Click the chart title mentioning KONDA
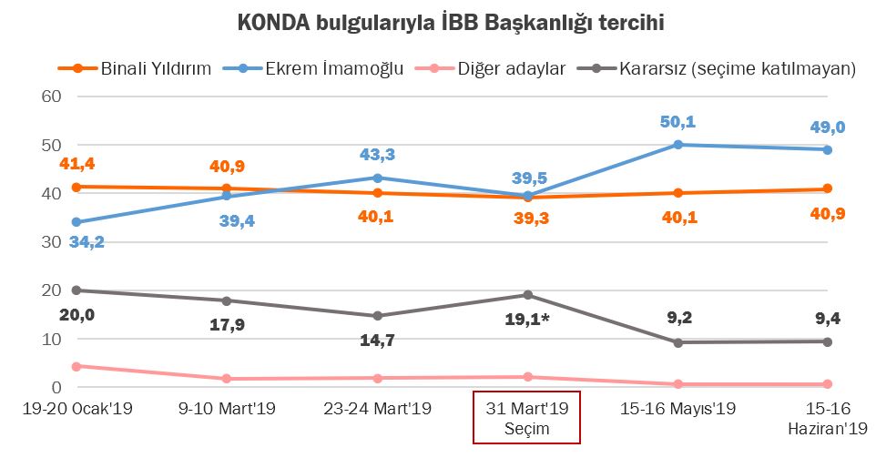pyautogui.click(x=438, y=23)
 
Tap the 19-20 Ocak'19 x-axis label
pyautogui.click(x=78, y=408)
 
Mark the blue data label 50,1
pyautogui.click(x=677, y=123)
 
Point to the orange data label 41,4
pyautogui.click(x=77, y=163)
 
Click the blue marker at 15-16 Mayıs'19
pyautogui.click(x=677, y=145)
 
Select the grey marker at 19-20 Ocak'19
pyautogui.click(x=77, y=290)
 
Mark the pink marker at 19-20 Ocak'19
pyautogui.click(x=77, y=366)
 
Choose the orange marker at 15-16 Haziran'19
pyautogui.click(x=828, y=188)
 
